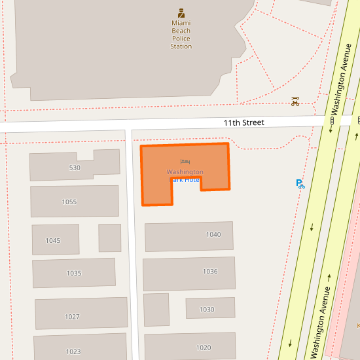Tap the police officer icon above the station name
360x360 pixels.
point(181,13)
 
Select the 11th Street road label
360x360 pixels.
point(243,122)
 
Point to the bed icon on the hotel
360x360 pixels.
point(185,161)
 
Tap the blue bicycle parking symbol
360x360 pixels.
point(300,185)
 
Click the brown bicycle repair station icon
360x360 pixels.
point(295,101)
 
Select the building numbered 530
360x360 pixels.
point(75,168)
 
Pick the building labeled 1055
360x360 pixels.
point(69,202)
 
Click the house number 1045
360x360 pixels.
point(53,240)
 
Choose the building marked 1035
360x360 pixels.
point(74,273)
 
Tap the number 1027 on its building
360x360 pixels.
point(72,317)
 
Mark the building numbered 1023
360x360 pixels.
point(73,351)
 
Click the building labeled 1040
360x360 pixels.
point(213,234)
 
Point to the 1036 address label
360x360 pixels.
point(210,271)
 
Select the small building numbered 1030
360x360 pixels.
point(207,309)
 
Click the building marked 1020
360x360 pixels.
point(204,348)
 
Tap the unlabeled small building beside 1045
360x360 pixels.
point(110,238)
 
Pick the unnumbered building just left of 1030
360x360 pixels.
point(156,310)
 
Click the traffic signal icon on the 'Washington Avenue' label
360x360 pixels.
point(332,120)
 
